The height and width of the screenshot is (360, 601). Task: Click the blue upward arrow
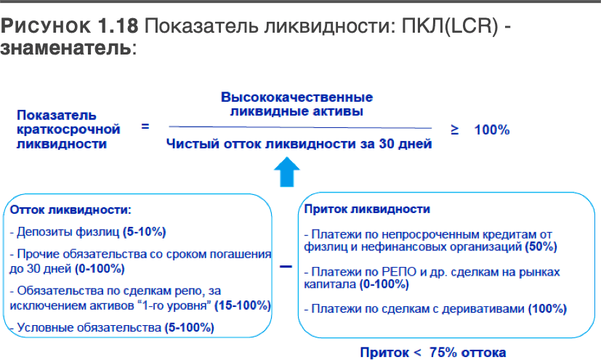pos(287,172)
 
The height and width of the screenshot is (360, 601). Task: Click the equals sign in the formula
pos(145,126)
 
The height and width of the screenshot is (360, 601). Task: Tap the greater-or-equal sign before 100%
pos(455,130)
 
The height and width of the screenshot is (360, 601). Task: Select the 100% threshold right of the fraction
pos(492,130)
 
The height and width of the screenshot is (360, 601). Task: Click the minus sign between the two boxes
pos(286,266)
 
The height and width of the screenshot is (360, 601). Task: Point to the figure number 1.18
pos(118,25)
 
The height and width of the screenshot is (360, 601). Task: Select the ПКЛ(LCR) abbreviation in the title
pos(450,26)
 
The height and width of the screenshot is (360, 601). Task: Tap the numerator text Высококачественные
pos(297,97)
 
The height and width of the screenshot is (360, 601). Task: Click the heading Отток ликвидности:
pos(70,209)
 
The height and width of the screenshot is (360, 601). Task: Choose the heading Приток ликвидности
pos(367,209)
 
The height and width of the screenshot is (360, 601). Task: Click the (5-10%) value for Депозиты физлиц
pos(145,232)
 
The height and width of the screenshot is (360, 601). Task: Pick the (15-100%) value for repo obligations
pos(243,305)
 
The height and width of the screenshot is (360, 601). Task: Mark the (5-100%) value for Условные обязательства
pos(190,328)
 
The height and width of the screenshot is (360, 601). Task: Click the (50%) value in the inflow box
pos(541,247)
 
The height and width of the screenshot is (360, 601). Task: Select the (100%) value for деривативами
pos(547,309)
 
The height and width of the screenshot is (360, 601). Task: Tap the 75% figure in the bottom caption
pos(443,352)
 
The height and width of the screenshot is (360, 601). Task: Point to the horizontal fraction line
pos(300,127)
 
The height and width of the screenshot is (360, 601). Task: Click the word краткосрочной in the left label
pos(68,130)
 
